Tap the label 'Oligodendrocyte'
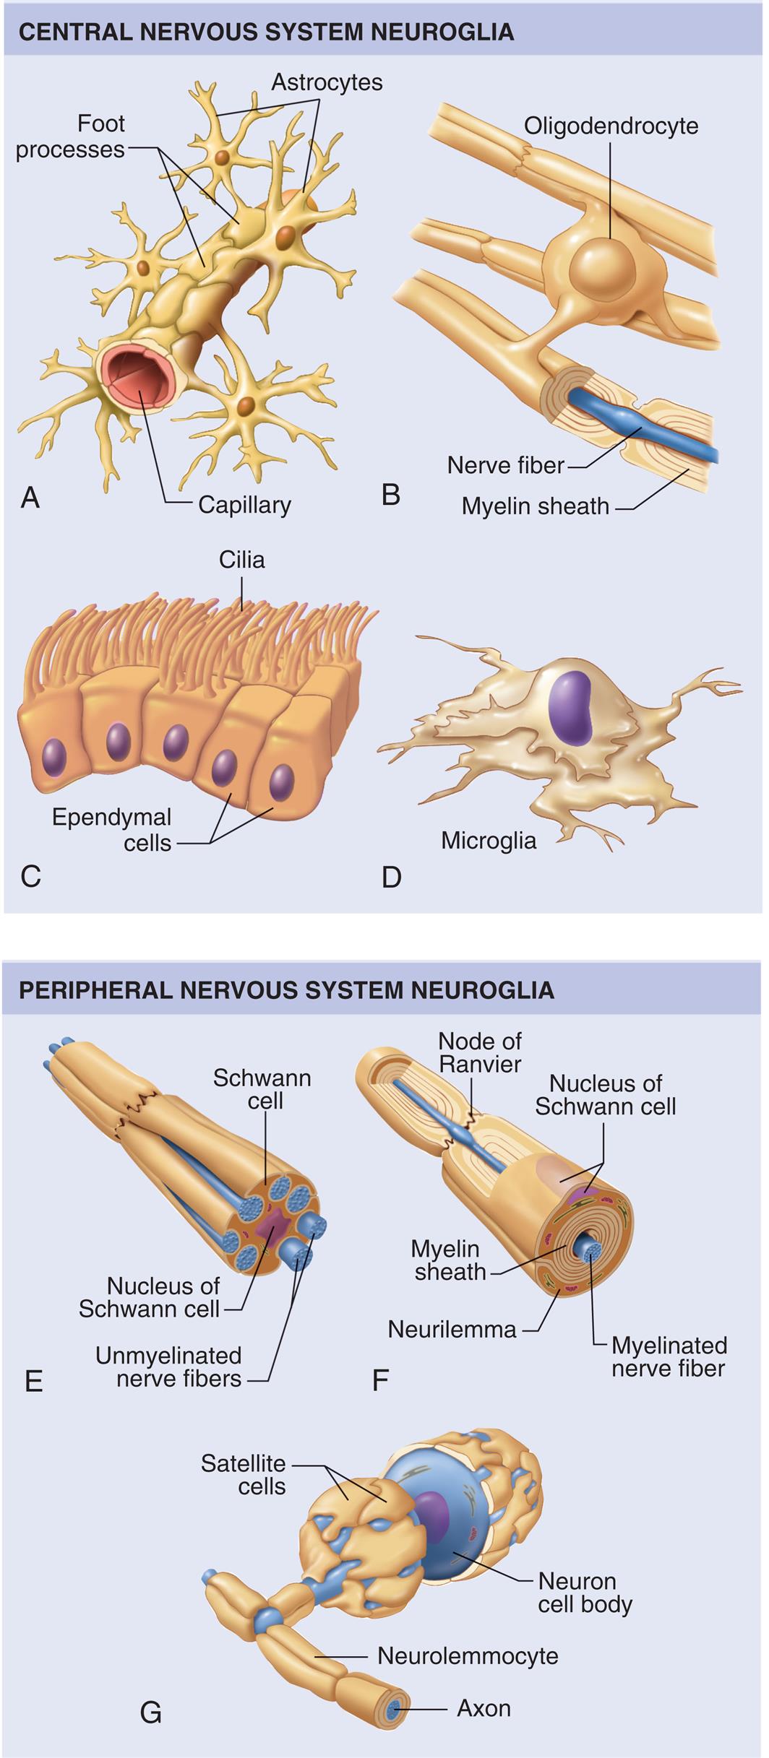pyautogui.click(x=611, y=126)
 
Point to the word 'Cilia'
pyautogui.click(x=242, y=560)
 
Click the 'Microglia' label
pyautogui.click(x=489, y=841)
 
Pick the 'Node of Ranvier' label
pyautogui.click(x=480, y=1052)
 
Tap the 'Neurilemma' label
pyautogui.click(x=452, y=1329)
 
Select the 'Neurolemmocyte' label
pyautogui.click(x=468, y=1655)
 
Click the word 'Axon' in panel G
pyautogui.click(x=484, y=1708)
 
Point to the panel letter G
pyautogui.click(x=150, y=1712)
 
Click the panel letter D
pyautogui.click(x=391, y=877)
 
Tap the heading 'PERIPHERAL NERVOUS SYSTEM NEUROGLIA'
pyautogui.click(x=286, y=990)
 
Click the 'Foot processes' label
pyautogui.click(x=71, y=137)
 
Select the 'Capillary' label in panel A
pyautogui.click(x=244, y=504)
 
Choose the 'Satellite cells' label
pyautogui.click(x=244, y=1475)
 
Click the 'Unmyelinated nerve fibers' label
pyautogui.click(x=168, y=1367)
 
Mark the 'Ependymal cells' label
pyautogui.click(x=112, y=830)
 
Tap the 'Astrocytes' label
pyautogui.click(x=327, y=82)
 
